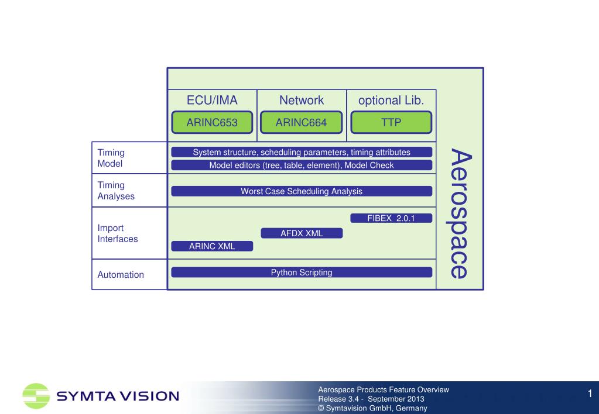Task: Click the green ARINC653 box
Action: pyautogui.click(x=212, y=122)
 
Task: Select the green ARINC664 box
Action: pyautogui.click(x=302, y=122)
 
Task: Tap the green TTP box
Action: pyautogui.click(x=391, y=122)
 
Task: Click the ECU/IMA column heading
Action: pyautogui.click(x=212, y=101)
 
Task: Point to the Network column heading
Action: pyautogui.click(x=302, y=101)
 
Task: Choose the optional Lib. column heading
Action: pyautogui.click(x=391, y=101)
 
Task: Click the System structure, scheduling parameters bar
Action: pyautogui.click(x=302, y=152)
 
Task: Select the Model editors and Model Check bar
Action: pyautogui.click(x=302, y=165)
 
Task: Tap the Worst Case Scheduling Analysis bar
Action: pyautogui.click(x=302, y=191)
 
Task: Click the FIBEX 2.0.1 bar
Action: pyautogui.click(x=391, y=218)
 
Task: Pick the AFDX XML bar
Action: pyautogui.click(x=302, y=233)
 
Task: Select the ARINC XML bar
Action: pyautogui.click(x=212, y=246)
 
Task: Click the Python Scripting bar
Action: pyautogui.click(x=302, y=272)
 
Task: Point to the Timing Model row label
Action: pyautogui.click(x=111, y=158)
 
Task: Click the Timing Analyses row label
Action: pyautogui.click(x=116, y=191)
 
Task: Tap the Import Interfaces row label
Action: pyautogui.click(x=117, y=233)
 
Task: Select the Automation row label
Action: pyautogui.click(x=121, y=275)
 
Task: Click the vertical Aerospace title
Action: pyautogui.click(x=460, y=213)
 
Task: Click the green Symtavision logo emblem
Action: pyautogui.click(x=36, y=396)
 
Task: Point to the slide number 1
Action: pyautogui.click(x=590, y=394)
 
